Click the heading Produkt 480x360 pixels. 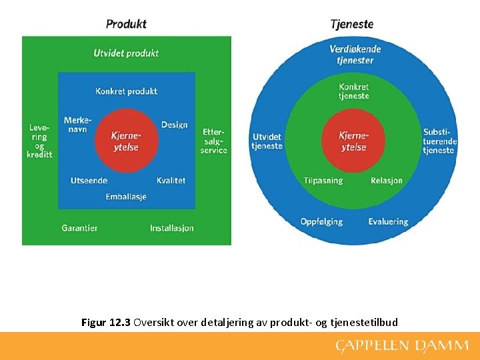click(126, 24)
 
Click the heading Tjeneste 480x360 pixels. click(351, 24)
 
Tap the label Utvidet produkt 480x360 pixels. click(126, 53)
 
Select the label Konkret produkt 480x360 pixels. click(126, 91)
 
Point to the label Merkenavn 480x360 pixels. click(77, 125)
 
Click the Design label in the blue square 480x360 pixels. click(174, 125)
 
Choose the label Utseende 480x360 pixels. click(89, 181)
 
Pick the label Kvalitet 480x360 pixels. click(171, 181)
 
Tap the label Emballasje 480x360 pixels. click(126, 197)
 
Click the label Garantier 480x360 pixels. click(79, 228)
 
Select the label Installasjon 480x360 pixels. click(171, 228)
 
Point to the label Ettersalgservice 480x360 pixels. click(215, 141)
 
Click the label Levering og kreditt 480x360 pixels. click(39, 141)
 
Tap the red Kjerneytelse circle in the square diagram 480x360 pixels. click(126, 141)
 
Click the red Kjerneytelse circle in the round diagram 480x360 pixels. click(353, 141)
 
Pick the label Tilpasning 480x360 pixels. click(323, 181)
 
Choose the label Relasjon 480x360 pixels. click(387, 181)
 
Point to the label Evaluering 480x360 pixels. click(388, 221)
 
